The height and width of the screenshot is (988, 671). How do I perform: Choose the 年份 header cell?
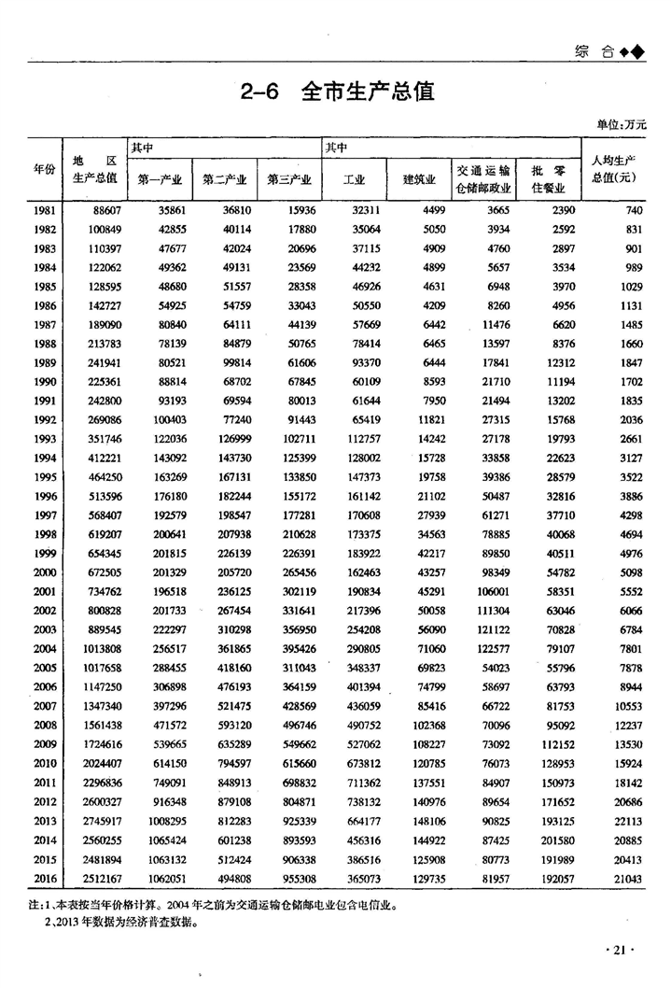coord(45,169)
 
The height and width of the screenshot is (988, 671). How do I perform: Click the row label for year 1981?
coord(44,212)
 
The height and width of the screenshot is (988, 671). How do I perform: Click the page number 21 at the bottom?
coord(620,950)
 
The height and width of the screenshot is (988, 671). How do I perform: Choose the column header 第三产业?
coord(289,179)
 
